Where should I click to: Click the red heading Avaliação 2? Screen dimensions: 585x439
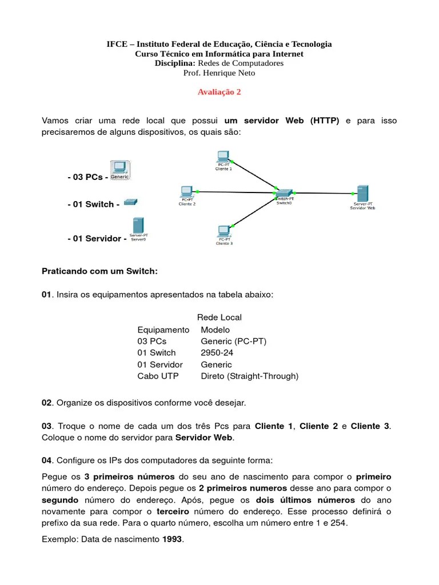pos(219,92)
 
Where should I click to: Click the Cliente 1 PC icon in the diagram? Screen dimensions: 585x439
pos(223,157)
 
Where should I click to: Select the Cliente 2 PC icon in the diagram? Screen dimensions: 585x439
pos(186,191)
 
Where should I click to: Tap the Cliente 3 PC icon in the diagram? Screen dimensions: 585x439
pos(224,231)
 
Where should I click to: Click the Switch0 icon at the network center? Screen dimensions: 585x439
pos(284,193)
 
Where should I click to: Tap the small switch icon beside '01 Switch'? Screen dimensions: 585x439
pos(131,202)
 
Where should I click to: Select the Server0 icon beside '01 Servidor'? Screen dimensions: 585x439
pos(138,226)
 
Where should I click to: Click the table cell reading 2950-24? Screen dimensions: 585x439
pos(217,352)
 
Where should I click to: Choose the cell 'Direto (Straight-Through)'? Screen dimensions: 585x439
pos(249,376)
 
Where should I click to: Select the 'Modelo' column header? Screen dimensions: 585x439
pos(215,330)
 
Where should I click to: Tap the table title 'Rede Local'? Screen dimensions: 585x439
pos(219,317)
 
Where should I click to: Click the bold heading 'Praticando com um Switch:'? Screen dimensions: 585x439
pos(99,271)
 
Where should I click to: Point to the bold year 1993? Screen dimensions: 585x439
pos(173,539)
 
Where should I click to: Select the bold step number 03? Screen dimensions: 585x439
pos(47,426)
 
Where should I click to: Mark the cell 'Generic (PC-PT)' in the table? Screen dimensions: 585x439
pos(233,341)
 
